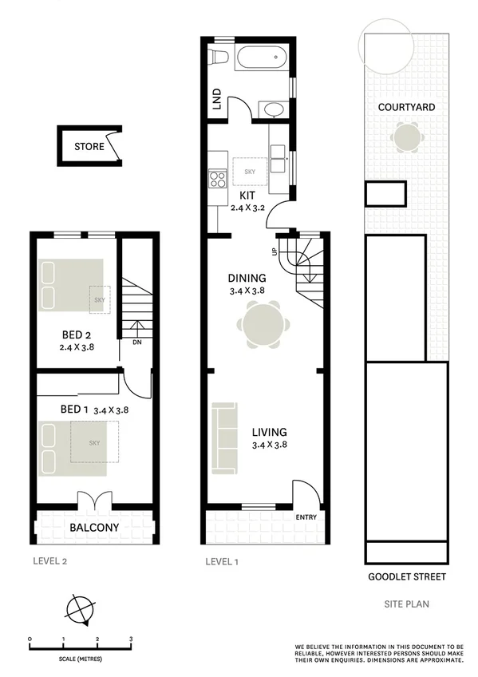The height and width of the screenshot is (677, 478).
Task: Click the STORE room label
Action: click(89, 147)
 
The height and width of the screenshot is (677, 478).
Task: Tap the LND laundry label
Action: click(215, 99)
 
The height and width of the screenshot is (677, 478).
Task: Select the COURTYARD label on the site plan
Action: click(406, 106)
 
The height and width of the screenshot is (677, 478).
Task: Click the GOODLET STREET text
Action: click(406, 576)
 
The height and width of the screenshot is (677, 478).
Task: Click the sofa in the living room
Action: click(224, 437)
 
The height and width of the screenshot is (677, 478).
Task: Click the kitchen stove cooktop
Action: click(217, 180)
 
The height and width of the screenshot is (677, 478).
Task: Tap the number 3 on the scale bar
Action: click(131, 639)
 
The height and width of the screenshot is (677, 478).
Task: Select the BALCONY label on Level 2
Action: click(94, 527)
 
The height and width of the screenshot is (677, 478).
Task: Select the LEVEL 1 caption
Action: click(222, 561)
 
